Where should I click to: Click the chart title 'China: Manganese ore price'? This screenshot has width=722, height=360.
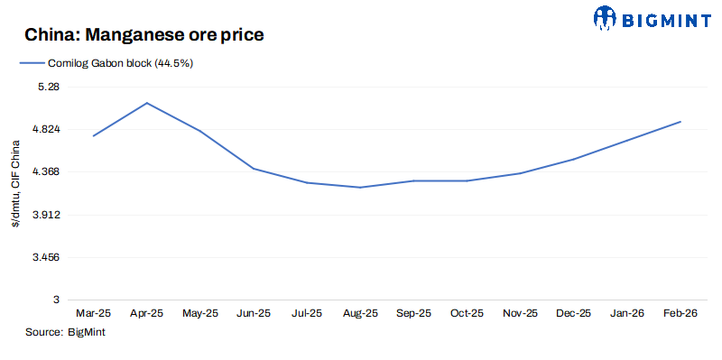point(144,35)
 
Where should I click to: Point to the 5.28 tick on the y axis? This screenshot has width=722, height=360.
point(46,87)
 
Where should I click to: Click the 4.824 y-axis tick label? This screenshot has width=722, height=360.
point(43,129)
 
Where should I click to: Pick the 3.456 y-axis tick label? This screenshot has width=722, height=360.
point(43,257)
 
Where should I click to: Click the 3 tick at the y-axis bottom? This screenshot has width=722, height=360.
point(55,300)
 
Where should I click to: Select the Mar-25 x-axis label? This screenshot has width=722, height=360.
point(94,313)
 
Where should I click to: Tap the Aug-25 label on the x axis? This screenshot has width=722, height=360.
point(360,313)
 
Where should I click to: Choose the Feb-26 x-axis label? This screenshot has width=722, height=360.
point(680,313)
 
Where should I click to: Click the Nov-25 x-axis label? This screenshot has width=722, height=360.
point(520,313)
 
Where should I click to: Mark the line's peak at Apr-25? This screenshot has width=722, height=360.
point(147,103)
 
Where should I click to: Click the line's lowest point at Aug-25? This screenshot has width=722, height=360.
point(360,188)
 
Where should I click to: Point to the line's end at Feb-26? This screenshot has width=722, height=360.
point(680,122)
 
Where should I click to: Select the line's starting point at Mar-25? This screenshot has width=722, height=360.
point(94,136)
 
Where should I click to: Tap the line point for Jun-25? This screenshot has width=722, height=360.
point(254,169)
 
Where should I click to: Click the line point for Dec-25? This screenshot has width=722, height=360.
point(573,160)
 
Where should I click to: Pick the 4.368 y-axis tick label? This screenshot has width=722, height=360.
point(43,171)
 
